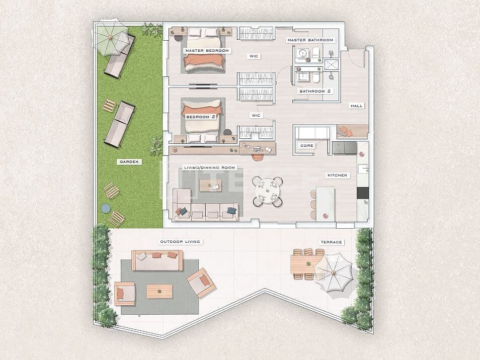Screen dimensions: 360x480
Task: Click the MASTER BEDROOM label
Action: (207, 51)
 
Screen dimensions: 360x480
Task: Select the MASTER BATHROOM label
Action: (310, 40)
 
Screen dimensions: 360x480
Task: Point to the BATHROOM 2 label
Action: (315, 92)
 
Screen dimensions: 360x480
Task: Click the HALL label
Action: (356, 106)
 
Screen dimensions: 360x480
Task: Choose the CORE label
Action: (306, 145)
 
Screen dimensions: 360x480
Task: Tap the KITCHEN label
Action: (337, 175)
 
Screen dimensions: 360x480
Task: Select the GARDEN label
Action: (129, 162)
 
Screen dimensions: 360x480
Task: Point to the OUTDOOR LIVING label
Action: (180, 242)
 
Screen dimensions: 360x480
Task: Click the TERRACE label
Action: (331, 242)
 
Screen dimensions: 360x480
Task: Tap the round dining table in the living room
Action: (267, 191)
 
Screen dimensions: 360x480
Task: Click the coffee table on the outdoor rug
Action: (159, 291)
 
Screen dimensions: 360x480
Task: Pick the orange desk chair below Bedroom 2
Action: (258, 156)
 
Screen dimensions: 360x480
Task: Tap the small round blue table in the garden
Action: (105, 208)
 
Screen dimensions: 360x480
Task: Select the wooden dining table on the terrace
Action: (303, 264)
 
